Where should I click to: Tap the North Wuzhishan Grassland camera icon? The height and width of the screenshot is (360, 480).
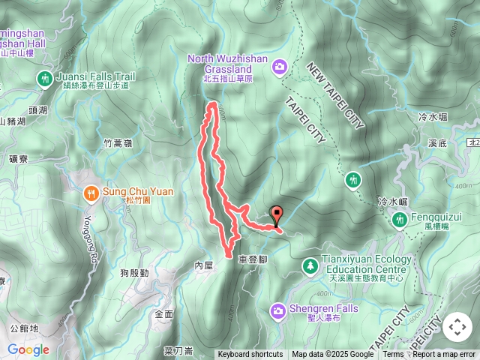[x=280, y=67]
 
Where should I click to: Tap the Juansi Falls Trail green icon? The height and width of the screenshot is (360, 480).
[x=45, y=78]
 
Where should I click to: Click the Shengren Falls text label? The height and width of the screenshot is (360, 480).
[x=324, y=308]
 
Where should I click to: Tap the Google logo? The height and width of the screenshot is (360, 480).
[x=28, y=349]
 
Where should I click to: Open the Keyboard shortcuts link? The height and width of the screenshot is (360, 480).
[x=250, y=355]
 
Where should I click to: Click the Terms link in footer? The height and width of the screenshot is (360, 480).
[x=393, y=355]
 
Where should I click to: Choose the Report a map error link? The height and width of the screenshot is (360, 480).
[x=444, y=355]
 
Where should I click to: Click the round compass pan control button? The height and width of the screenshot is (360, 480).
[x=457, y=327]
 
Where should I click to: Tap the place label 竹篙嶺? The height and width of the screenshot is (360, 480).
[x=118, y=142]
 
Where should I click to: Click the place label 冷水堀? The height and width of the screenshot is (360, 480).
[x=433, y=117]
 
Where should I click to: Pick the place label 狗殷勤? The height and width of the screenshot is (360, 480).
[x=133, y=273]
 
